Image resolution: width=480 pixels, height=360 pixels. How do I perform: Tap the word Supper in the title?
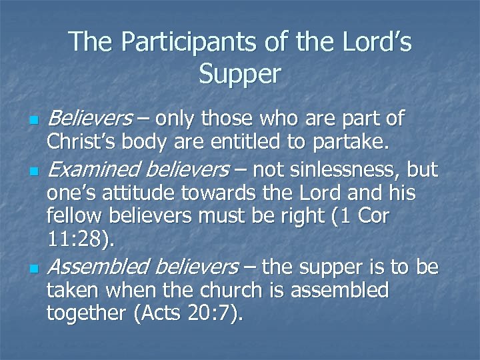click(240, 75)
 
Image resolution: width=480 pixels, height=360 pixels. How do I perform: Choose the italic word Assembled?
click(100, 267)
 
